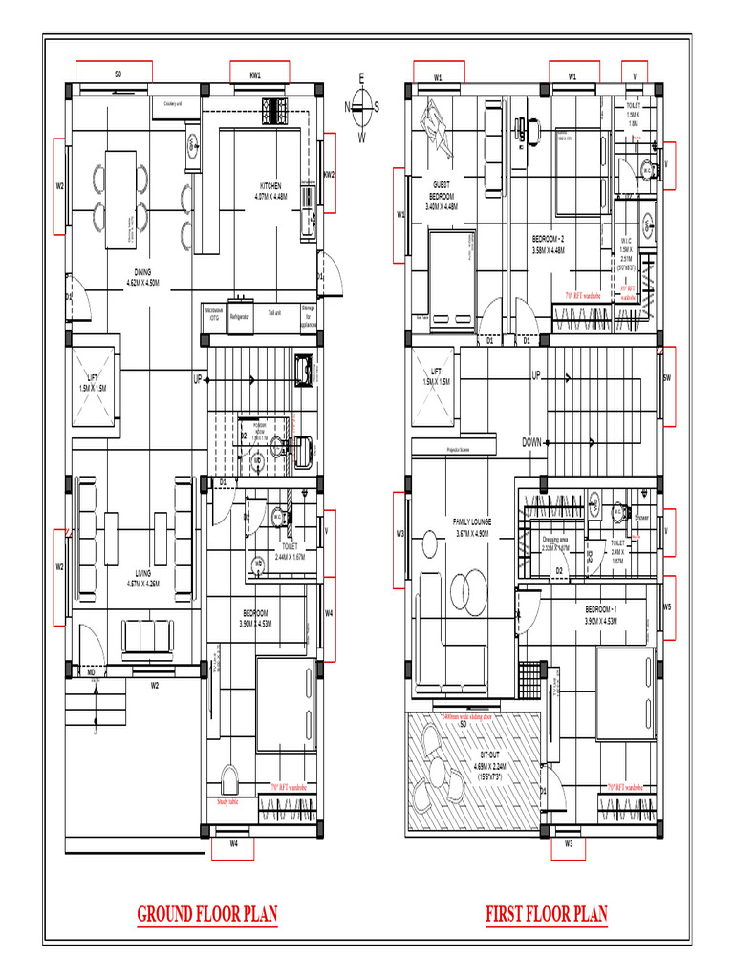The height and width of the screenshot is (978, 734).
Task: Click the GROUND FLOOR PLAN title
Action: pyautogui.click(x=207, y=914)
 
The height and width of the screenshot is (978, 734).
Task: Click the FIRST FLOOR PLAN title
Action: pyautogui.click(x=546, y=914)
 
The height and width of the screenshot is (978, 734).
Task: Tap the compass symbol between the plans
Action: pyautogui.click(x=361, y=107)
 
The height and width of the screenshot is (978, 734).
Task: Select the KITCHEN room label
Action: pyautogui.click(x=270, y=191)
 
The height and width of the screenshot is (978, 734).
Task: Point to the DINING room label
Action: pyautogui.click(x=142, y=277)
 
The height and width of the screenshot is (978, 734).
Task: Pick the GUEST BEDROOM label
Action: pyautogui.click(x=442, y=195)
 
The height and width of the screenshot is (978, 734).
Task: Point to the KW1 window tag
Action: pyautogui.click(x=256, y=74)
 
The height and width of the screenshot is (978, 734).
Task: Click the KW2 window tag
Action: pyautogui.click(x=329, y=175)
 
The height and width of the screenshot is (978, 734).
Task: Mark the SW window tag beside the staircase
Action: pyautogui.click(x=666, y=378)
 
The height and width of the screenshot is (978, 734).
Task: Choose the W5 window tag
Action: pyautogui.click(x=667, y=606)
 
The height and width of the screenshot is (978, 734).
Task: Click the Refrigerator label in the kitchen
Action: pyautogui.click(x=240, y=314)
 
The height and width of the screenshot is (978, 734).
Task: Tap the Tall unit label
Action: pyautogui.click(x=274, y=312)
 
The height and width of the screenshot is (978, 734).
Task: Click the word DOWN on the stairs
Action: pyautogui.click(x=532, y=442)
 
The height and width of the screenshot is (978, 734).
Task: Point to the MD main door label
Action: pyautogui.click(x=92, y=672)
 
